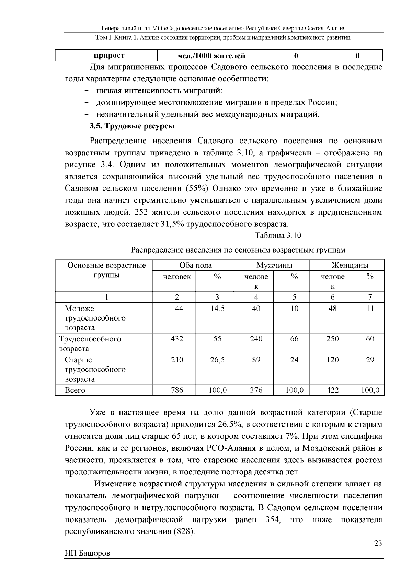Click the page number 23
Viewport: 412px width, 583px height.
(378, 543)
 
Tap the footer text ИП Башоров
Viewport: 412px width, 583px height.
(88, 553)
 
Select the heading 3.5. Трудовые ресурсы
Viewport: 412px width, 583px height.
(132, 126)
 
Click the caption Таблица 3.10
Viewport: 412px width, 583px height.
(278, 235)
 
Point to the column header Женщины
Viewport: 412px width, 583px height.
(350, 265)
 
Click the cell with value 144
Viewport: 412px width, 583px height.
(177, 309)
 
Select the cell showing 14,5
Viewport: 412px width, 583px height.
(217, 309)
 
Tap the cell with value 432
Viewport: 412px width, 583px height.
(177, 339)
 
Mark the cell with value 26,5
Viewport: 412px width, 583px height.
(217, 360)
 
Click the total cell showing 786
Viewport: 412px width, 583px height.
(177, 390)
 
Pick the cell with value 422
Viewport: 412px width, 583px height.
(332, 390)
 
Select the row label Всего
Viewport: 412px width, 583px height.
(75, 390)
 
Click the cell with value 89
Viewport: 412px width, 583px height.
(256, 360)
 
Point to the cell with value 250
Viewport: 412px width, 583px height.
(332, 339)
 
